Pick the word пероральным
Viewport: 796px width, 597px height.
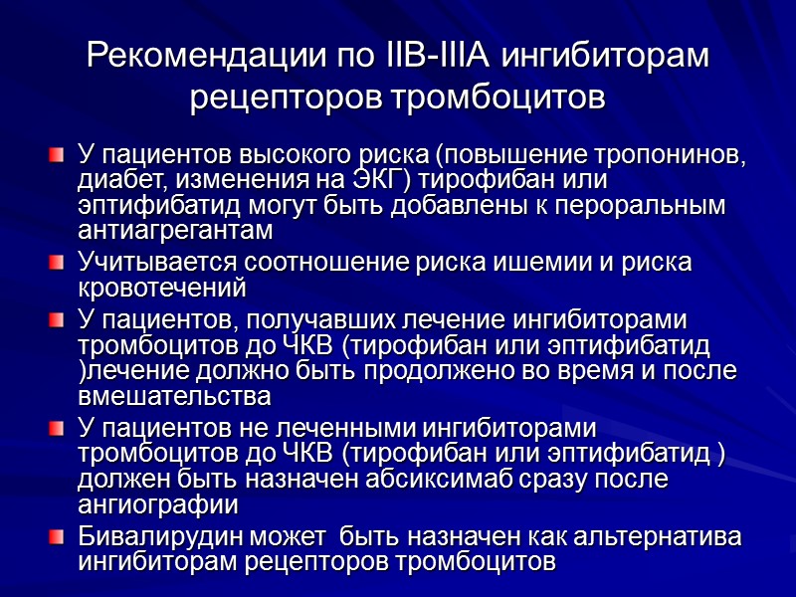coord(640,204)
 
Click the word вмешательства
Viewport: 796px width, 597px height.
coord(174,394)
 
